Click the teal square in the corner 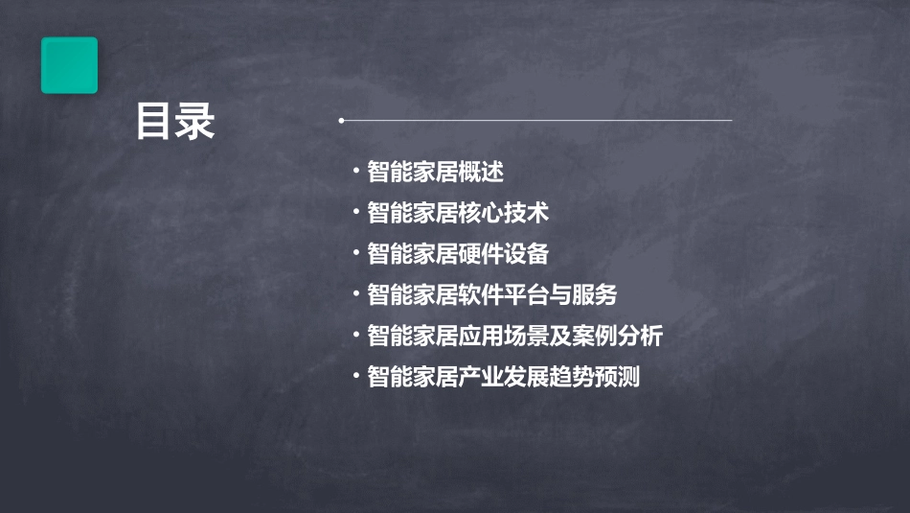click(69, 65)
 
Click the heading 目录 click(175, 123)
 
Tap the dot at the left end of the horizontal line click(341, 121)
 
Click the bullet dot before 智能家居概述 click(355, 173)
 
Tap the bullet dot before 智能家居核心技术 click(355, 213)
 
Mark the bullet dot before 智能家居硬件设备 click(355, 254)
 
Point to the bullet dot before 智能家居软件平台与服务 click(355, 295)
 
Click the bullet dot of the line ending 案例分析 click(355, 337)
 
